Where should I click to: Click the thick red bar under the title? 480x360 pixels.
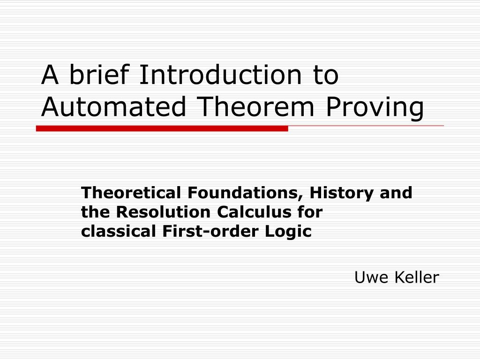[162, 128]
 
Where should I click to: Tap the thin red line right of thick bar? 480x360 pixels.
[366, 126]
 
